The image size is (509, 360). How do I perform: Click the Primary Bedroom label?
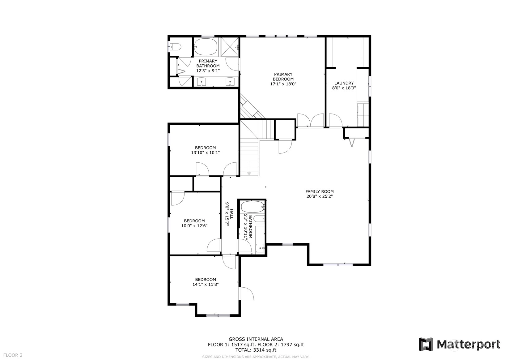(x=283, y=77)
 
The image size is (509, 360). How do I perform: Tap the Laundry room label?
(x=344, y=83)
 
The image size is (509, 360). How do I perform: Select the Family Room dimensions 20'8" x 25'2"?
(x=320, y=196)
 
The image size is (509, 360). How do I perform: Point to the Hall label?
(x=231, y=214)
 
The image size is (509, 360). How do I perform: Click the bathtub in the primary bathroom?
(x=206, y=47)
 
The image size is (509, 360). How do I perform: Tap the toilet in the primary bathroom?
(x=176, y=47)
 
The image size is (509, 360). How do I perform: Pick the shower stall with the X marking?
(x=230, y=47)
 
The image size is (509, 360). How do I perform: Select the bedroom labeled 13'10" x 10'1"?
(x=206, y=150)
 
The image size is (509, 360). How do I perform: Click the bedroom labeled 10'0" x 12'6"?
(x=194, y=223)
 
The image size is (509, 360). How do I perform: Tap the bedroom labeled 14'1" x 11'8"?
(x=206, y=282)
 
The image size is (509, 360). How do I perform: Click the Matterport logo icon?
(x=426, y=344)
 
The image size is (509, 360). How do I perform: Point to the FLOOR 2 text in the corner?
(x=13, y=355)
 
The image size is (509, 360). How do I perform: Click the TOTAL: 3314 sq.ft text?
(x=256, y=350)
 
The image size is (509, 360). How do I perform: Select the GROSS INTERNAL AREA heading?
(x=256, y=339)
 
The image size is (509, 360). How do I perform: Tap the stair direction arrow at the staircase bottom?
(x=249, y=174)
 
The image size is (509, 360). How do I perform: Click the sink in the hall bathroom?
(x=260, y=248)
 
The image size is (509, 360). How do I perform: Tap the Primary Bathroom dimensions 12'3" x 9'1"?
(x=208, y=71)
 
